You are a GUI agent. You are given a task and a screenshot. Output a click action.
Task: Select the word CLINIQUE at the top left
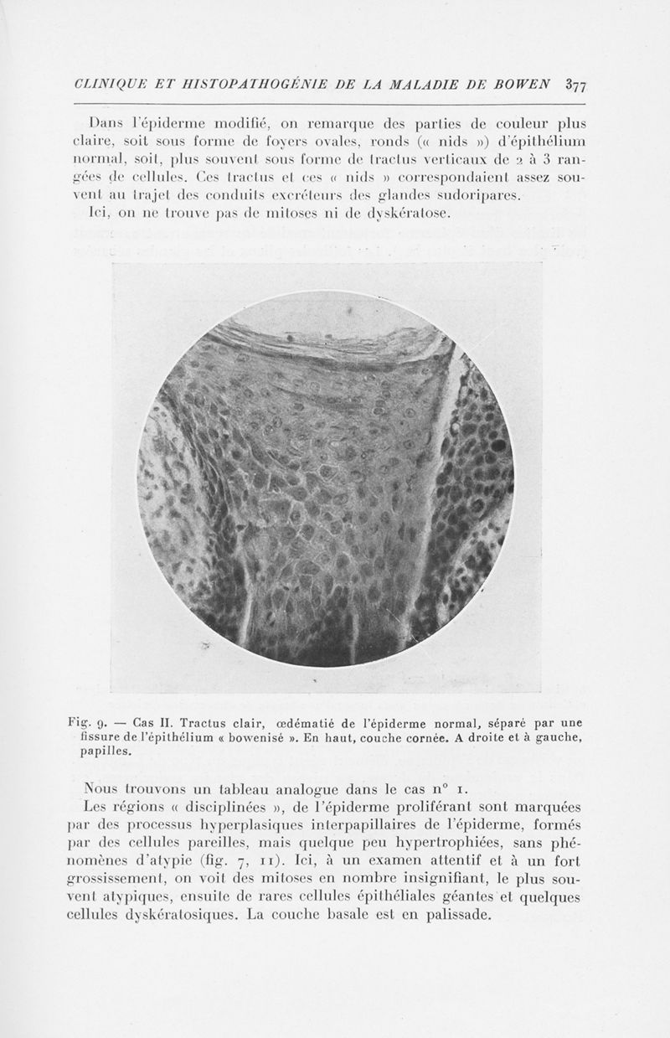coord(102,84)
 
